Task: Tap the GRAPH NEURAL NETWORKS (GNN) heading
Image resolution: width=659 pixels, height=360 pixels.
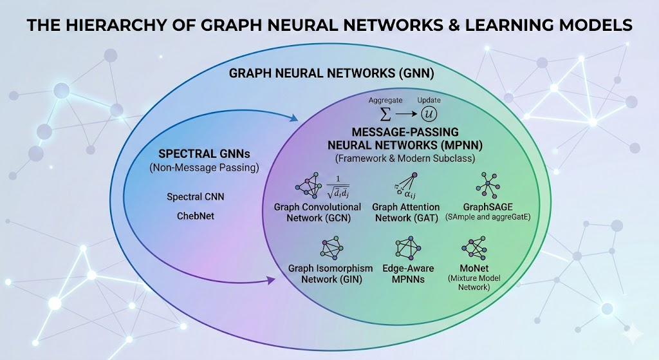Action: (331, 74)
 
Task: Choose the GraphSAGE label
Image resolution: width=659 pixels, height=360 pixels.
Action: (487, 207)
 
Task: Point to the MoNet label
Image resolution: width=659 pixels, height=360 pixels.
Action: (476, 269)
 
